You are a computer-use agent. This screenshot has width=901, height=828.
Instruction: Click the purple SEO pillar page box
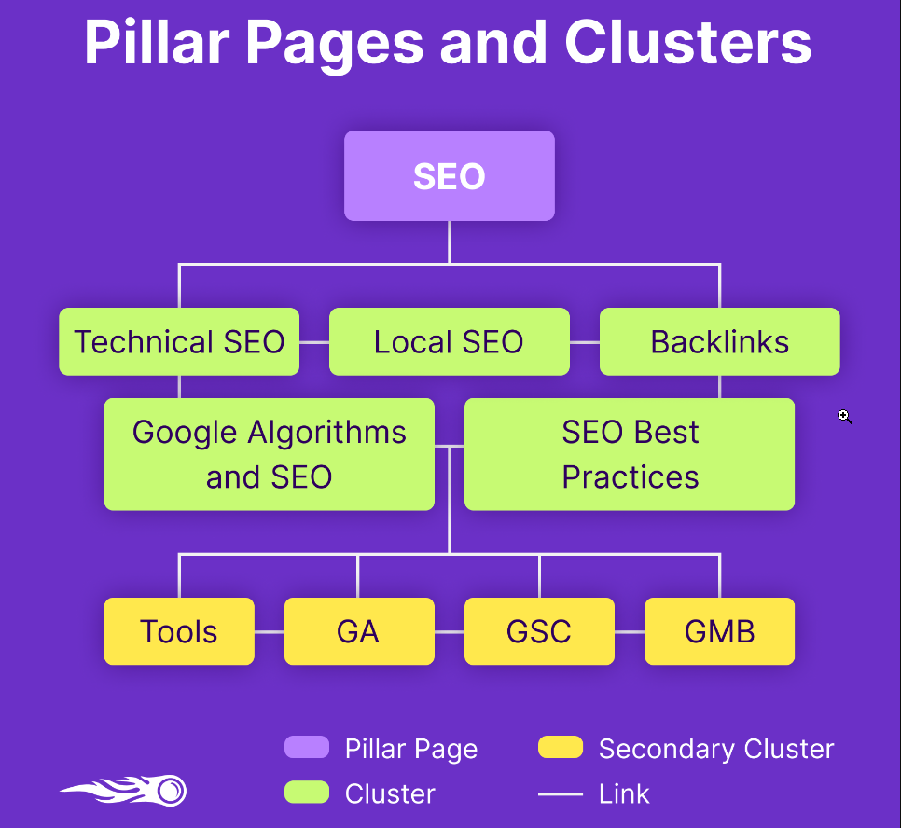(450, 175)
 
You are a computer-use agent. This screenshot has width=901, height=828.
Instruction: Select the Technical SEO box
(179, 341)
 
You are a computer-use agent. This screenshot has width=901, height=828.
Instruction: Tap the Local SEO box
(449, 341)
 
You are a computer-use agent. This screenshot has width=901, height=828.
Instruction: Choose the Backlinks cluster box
(719, 341)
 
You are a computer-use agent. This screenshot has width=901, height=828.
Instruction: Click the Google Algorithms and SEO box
(269, 454)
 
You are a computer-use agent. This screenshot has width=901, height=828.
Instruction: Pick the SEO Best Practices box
(630, 454)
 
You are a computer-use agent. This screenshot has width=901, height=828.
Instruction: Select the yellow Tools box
(179, 631)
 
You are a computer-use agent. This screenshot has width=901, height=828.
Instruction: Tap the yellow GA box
(359, 631)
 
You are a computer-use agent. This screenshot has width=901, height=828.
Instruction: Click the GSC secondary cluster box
(539, 631)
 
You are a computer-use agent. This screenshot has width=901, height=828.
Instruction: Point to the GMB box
(719, 631)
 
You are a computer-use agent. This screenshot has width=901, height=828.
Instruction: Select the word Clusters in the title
(687, 42)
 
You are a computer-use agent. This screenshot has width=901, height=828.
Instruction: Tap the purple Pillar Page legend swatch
(307, 747)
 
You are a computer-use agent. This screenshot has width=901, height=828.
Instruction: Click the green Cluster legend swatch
(307, 793)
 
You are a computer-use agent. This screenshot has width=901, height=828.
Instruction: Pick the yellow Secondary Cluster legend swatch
(561, 747)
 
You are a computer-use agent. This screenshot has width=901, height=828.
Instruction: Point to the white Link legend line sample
(561, 794)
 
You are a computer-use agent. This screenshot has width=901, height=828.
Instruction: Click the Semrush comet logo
(124, 792)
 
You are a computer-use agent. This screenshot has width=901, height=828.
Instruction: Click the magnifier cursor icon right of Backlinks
(844, 417)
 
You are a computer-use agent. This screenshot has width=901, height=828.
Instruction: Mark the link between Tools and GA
(269, 632)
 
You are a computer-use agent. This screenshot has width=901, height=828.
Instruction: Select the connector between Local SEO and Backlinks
(584, 342)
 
